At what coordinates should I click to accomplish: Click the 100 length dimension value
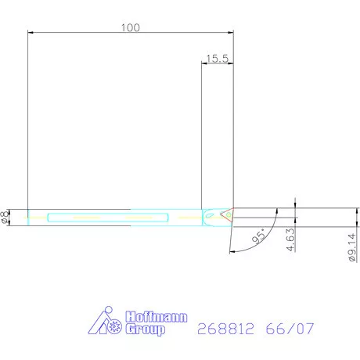click(x=131, y=27)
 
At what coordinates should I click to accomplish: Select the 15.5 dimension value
click(x=218, y=58)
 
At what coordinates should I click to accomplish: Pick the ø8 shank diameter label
click(x=7, y=217)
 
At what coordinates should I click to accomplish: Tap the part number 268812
click(x=223, y=329)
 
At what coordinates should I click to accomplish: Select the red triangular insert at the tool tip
click(x=226, y=212)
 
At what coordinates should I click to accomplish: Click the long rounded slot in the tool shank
click(x=108, y=216)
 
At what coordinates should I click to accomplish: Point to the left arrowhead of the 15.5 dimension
click(x=205, y=64)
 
